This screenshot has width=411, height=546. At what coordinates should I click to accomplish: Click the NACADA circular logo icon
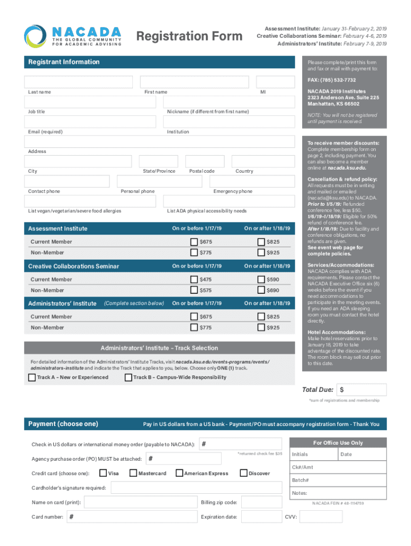(35, 36)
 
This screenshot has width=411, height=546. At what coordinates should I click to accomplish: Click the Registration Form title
(189, 36)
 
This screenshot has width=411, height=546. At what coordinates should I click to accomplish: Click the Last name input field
(78, 82)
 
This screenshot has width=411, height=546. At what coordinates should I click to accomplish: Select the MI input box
(275, 82)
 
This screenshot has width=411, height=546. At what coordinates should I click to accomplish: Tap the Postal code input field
(205, 162)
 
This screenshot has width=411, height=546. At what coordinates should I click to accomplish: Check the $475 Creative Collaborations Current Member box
(194, 279)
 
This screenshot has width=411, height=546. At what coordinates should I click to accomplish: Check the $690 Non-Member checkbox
(262, 290)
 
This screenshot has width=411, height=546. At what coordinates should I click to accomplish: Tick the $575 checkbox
(194, 290)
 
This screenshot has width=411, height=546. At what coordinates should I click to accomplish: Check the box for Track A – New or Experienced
(32, 378)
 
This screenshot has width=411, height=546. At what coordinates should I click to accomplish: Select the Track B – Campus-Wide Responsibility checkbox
(128, 378)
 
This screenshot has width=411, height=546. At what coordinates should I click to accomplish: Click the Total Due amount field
(362, 390)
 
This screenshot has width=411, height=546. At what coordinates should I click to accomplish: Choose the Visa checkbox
(103, 473)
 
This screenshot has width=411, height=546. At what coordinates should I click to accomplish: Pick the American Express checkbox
(179, 473)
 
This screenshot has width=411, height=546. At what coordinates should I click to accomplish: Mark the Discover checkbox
(244, 473)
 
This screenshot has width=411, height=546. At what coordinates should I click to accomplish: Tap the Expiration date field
(261, 517)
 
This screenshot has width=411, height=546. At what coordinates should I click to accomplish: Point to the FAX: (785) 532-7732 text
(331, 80)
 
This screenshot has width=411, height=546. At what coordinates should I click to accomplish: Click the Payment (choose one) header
(63, 424)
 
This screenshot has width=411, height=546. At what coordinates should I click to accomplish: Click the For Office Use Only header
(338, 443)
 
